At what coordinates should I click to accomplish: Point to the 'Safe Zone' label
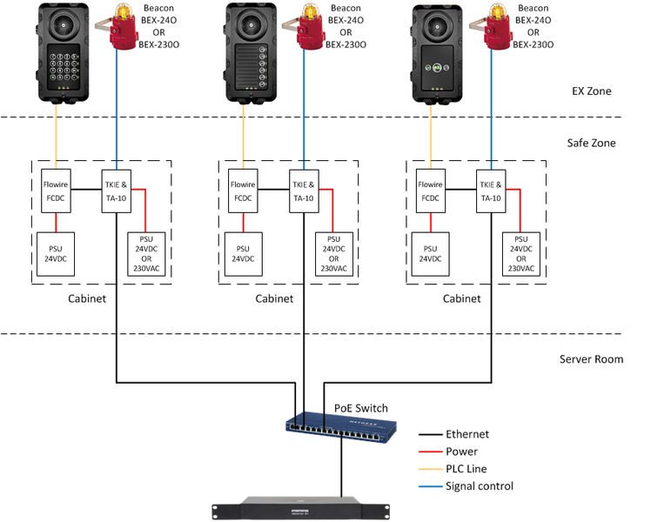[591, 142]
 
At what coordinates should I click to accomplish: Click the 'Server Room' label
[591, 358]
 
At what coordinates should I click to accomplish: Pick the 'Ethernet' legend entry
[466, 434]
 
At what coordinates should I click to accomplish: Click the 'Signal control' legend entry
[479, 486]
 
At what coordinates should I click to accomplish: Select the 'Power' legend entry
[460, 452]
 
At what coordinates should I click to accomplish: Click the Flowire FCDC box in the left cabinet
[57, 191]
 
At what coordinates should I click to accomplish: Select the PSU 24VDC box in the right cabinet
[431, 252]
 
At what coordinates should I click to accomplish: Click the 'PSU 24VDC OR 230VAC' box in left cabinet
[147, 253]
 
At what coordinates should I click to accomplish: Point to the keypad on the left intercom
[64, 65]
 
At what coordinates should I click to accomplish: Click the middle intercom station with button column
[252, 52]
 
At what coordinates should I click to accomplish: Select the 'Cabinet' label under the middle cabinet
[274, 298]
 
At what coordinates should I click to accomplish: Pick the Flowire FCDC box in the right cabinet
[431, 191]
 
